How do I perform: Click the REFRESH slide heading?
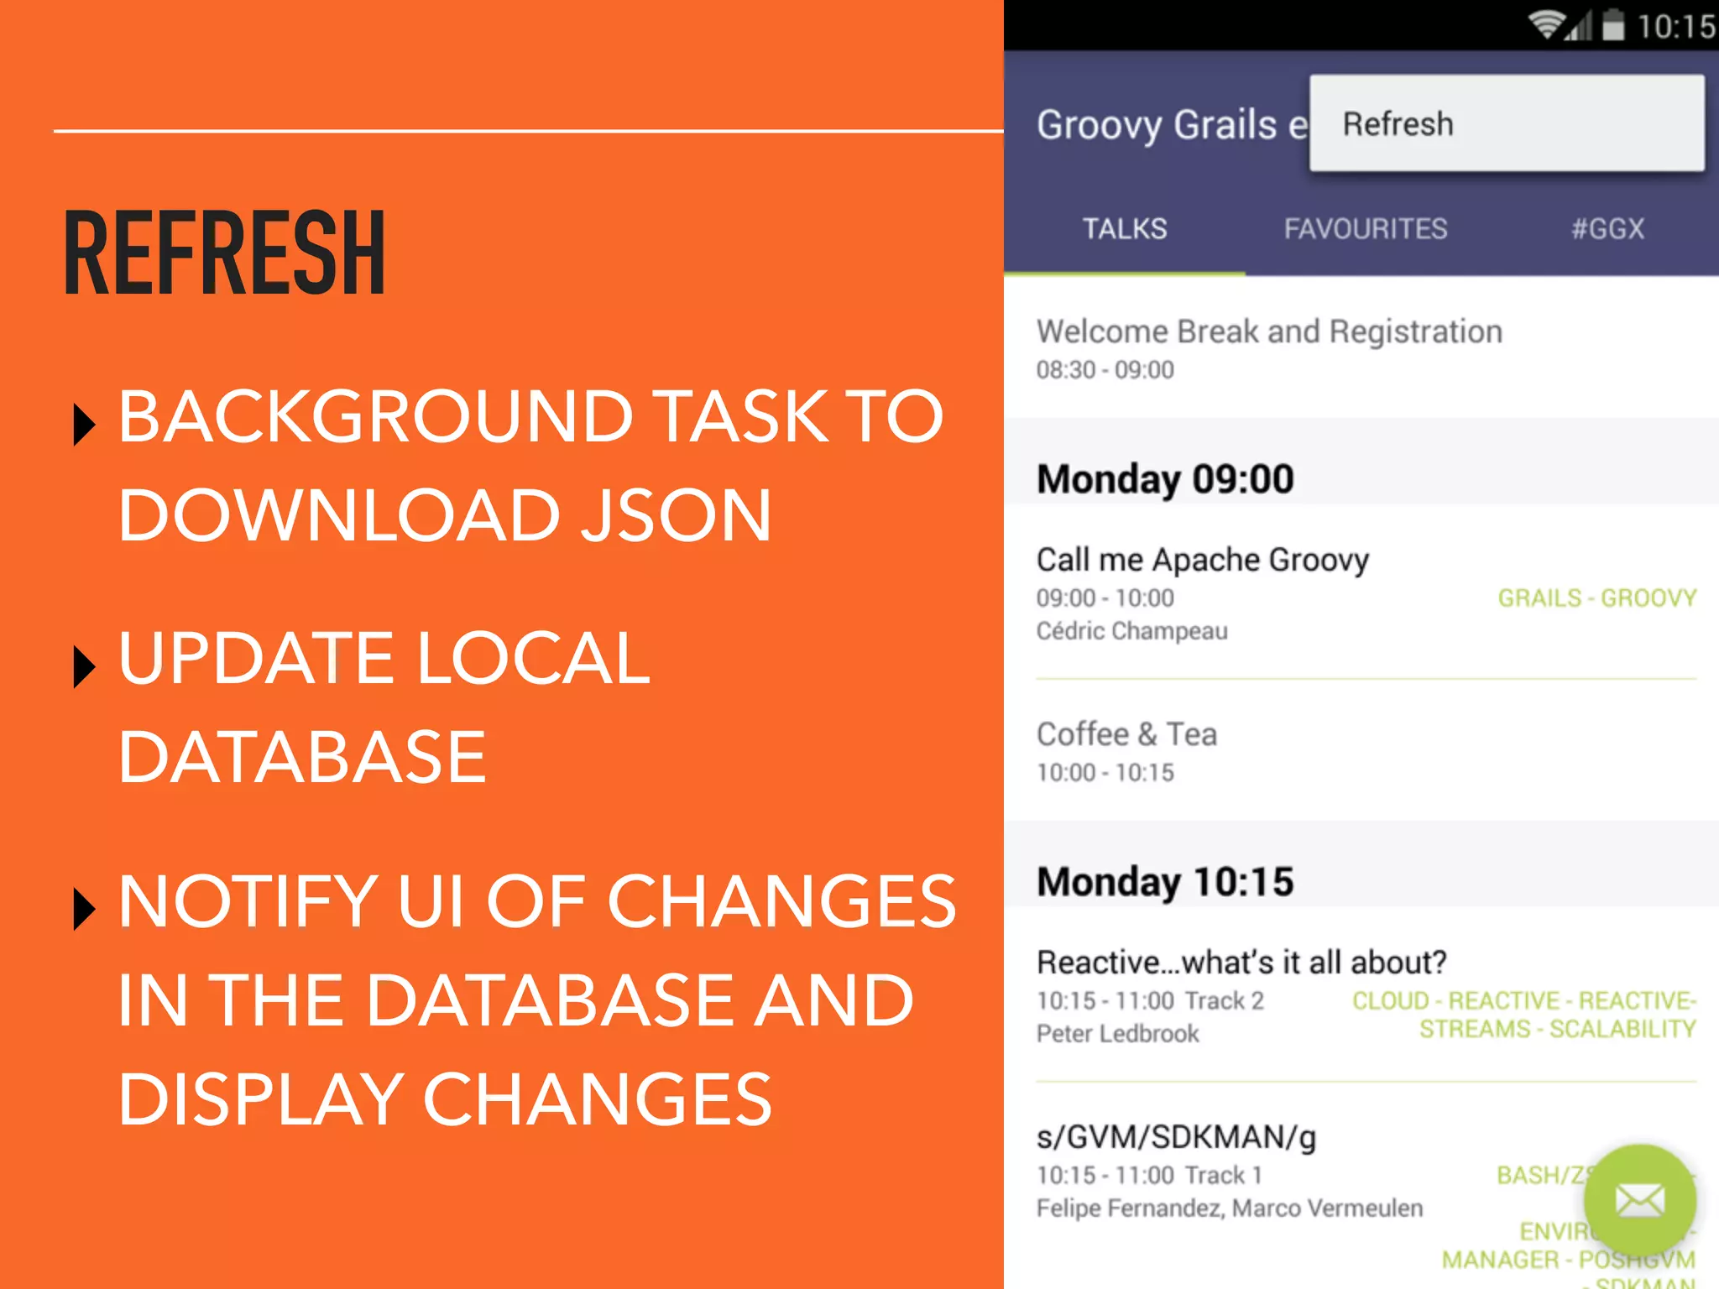[x=224, y=253]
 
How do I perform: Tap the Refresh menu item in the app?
[x=1398, y=124]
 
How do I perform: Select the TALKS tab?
[x=1124, y=229]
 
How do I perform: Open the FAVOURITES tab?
[x=1365, y=229]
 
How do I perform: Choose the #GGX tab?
[x=1607, y=229]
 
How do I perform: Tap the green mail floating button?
[x=1639, y=1200]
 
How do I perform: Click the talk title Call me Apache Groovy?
[x=1202, y=560]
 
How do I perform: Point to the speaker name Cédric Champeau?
[x=1131, y=631]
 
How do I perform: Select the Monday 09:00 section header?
[x=1165, y=479]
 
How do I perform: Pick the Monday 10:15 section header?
[x=1165, y=882]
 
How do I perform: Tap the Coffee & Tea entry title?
[x=1126, y=734]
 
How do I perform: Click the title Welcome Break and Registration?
[x=1268, y=332]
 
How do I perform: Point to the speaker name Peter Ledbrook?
[x=1117, y=1034]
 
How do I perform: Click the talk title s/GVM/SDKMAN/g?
[x=1176, y=1137]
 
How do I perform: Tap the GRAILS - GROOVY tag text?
[x=1596, y=598]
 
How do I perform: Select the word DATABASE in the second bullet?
[x=302, y=757]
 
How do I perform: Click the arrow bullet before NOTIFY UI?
[x=84, y=908]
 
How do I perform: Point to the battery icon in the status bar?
[x=1612, y=25]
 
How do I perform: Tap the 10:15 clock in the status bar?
[x=1675, y=27]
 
